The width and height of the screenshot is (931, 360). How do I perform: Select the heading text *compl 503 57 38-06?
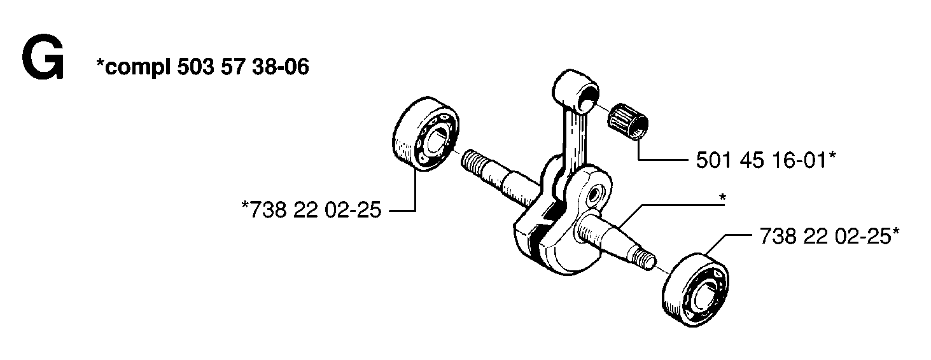click(202, 67)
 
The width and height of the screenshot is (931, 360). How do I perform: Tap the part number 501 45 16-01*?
click(766, 160)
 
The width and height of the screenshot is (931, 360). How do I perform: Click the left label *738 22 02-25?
click(311, 210)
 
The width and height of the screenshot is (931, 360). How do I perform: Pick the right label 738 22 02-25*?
click(829, 236)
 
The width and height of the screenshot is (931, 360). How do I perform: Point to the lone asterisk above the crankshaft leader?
click(722, 198)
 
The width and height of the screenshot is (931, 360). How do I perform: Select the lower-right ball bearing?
click(695, 289)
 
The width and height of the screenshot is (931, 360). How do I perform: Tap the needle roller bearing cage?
click(627, 121)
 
